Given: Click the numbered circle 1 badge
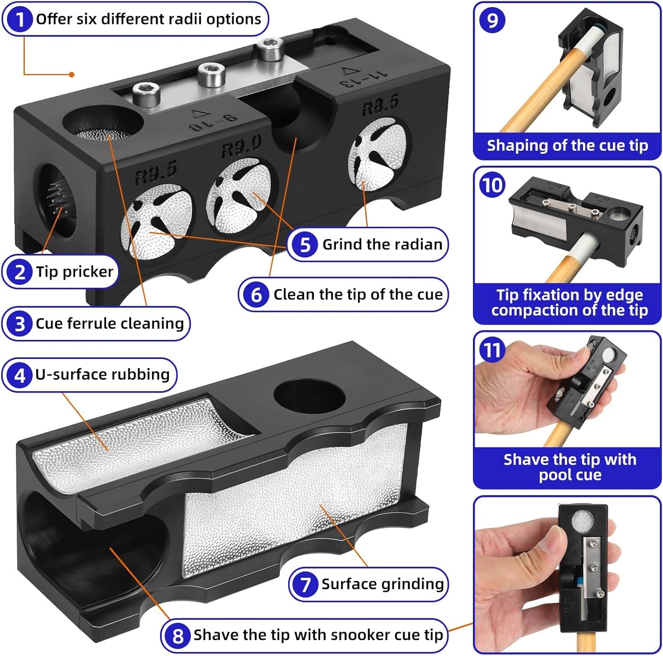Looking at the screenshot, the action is (x=19, y=19).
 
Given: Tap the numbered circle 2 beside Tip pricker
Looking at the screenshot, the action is (x=20, y=272).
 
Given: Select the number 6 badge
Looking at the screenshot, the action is (x=256, y=295).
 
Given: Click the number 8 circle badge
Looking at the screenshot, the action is (x=178, y=635).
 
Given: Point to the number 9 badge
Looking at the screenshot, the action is (x=492, y=20).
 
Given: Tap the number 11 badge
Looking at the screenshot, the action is (x=492, y=351).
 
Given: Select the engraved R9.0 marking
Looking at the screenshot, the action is (x=241, y=147).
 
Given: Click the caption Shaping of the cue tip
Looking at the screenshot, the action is (x=567, y=145).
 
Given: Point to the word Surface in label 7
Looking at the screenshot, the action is (x=349, y=584).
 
